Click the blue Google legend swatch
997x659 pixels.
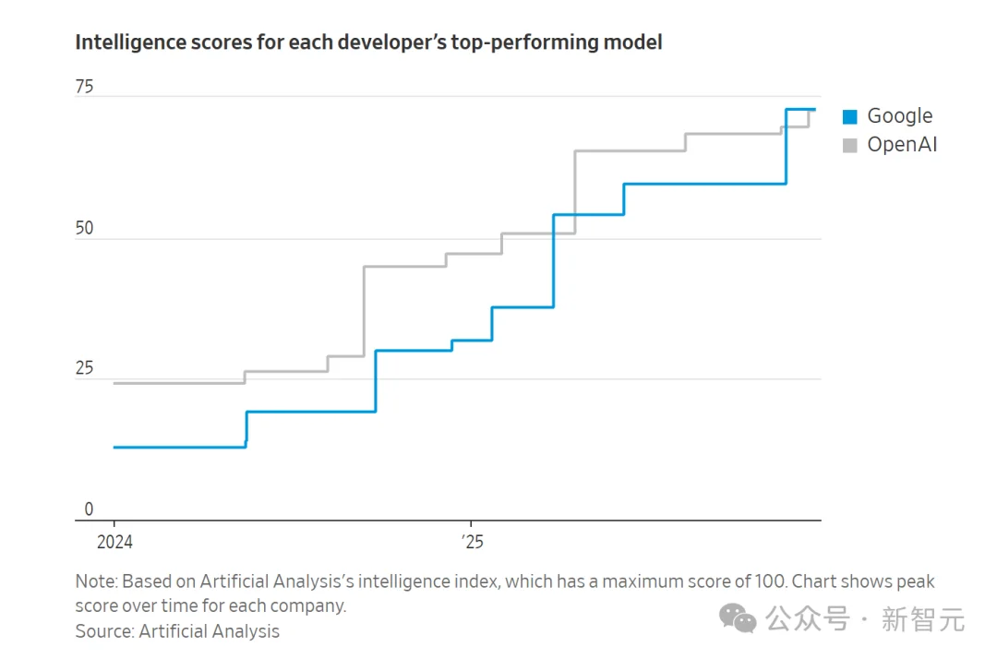pyautogui.click(x=850, y=116)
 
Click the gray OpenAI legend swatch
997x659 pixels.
pyautogui.click(x=850, y=145)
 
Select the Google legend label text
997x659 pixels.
pyautogui.click(x=899, y=116)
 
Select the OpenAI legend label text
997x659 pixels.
pyautogui.click(x=902, y=145)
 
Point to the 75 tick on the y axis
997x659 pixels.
pyautogui.click(x=84, y=88)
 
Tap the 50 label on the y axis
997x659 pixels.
pyautogui.click(x=84, y=228)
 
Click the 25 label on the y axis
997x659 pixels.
pyautogui.click(x=84, y=369)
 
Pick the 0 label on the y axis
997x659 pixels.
pyautogui.click(x=90, y=509)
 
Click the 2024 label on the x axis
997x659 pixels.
pyautogui.click(x=114, y=543)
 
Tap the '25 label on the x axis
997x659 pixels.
pyautogui.click(x=472, y=543)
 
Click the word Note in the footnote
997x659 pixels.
pyautogui.click(x=95, y=581)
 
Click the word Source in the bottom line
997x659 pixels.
pyautogui.click(x=102, y=631)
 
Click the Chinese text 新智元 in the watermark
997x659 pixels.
pyautogui.click(x=922, y=619)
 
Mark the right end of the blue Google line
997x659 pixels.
pyautogui.click(x=815, y=110)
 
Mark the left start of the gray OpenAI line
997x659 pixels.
pyautogui.click(x=114, y=383)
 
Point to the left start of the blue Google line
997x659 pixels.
pyautogui.click(x=114, y=448)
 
